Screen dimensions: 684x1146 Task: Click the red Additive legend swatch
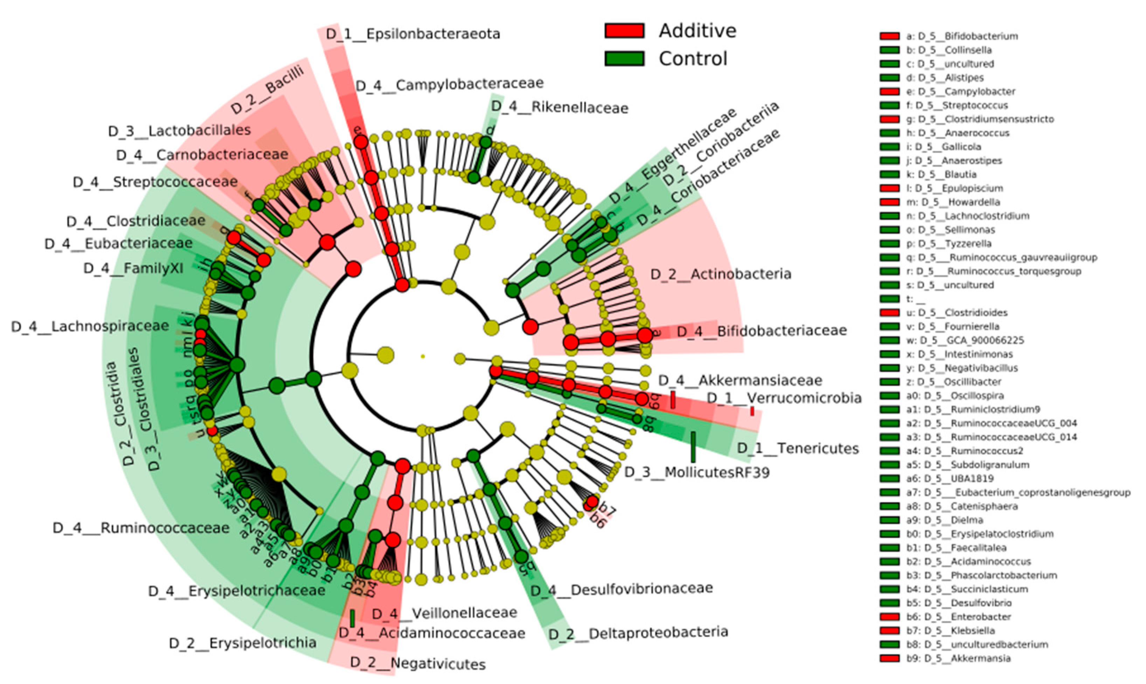pyautogui.click(x=624, y=30)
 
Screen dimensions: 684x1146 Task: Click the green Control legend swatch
pyautogui.click(x=624, y=58)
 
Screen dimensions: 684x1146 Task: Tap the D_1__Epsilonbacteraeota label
pyautogui.click(x=413, y=34)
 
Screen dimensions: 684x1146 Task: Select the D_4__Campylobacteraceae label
pyautogui.click(x=450, y=85)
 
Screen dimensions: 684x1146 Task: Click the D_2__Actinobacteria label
pyautogui.click(x=721, y=274)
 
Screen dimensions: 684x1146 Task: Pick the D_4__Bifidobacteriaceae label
pyautogui.click(x=762, y=331)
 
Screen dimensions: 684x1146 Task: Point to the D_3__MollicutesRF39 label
pyautogui.click(x=697, y=472)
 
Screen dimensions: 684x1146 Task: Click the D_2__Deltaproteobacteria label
pyautogui.click(x=638, y=633)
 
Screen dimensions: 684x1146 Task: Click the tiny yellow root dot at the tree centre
pyautogui.click(x=423, y=356)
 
